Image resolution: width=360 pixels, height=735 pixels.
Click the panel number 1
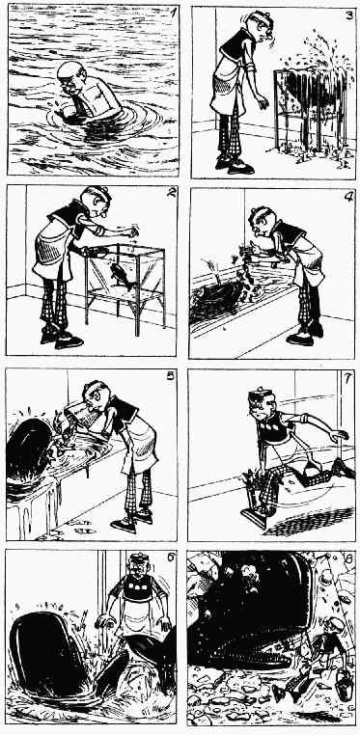pyautogui.click(x=173, y=12)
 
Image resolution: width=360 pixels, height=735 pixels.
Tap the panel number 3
pyautogui.click(x=348, y=15)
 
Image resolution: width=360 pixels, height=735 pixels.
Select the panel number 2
pyautogui.click(x=171, y=193)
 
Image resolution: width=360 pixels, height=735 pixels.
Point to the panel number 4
pyautogui.click(x=347, y=197)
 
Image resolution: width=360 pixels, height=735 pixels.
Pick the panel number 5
pyautogui.click(x=171, y=376)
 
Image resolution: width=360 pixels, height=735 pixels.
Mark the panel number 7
pyautogui.click(x=347, y=378)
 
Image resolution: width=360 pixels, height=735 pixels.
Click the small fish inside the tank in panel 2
pyautogui.click(x=120, y=273)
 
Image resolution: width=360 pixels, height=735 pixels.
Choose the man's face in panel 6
pyautogui.click(x=140, y=568)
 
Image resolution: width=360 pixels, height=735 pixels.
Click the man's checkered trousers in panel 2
pyautogui.click(x=55, y=305)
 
